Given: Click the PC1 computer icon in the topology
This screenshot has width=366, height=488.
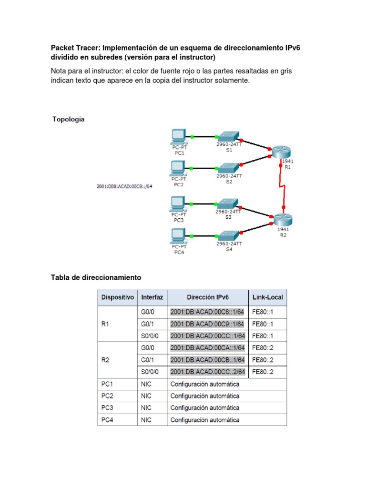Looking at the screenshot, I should (x=179, y=137).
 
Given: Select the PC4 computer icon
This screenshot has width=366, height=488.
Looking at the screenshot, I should (x=179, y=235).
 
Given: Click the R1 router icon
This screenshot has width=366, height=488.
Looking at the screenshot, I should (x=281, y=152).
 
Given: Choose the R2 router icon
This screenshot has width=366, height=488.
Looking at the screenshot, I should (x=283, y=220).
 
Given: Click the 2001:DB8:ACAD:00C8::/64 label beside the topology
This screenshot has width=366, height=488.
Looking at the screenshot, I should (x=124, y=186).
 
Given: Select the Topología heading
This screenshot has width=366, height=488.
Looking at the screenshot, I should (x=69, y=120).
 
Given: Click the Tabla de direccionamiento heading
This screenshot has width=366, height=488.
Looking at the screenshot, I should (x=96, y=277).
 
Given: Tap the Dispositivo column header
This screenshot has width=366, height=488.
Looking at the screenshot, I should (x=117, y=297).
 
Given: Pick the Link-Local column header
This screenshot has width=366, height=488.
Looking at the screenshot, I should (x=267, y=297).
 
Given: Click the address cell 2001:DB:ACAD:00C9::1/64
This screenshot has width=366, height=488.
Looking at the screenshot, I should (x=207, y=324).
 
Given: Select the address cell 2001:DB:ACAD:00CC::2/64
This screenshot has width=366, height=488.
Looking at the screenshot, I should (x=207, y=372).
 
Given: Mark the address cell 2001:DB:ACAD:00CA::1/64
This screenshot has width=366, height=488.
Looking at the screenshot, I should (x=207, y=348).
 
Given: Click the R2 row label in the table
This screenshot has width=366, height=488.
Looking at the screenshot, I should (x=106, y=360).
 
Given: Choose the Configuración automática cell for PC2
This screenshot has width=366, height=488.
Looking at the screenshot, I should (x=205, y=396).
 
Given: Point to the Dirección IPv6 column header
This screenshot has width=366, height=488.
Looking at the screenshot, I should (x=208, y=297).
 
